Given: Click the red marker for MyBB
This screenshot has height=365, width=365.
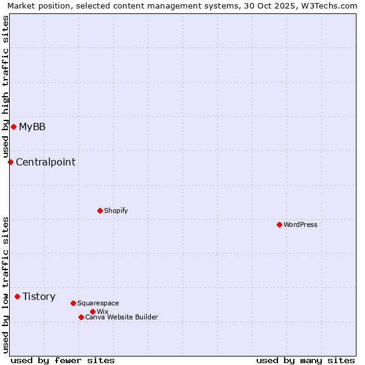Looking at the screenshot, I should coord(13,127).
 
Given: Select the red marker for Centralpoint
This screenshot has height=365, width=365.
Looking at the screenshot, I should coord(10,162).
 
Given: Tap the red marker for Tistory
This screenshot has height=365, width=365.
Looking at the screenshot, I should coord(17,296).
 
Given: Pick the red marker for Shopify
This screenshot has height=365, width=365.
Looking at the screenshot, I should coord(100,210).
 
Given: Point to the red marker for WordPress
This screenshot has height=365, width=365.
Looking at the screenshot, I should coord(279,224).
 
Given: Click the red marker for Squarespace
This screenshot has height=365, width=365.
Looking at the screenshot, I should coord(73,303).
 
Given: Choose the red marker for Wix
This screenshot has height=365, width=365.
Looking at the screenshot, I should coord(92,311).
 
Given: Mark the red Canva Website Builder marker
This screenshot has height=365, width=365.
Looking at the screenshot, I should coord(81,317).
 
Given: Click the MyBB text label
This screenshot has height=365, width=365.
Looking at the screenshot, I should coord(32,127).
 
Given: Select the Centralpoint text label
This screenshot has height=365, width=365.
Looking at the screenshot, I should coord(46,162).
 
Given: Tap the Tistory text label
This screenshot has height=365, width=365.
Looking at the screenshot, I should coord(39,296).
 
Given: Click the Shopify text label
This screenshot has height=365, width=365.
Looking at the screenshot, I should coord(116,210).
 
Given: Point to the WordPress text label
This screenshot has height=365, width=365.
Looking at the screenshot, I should coord(301,224).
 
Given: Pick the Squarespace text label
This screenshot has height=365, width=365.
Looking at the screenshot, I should coord(98,303).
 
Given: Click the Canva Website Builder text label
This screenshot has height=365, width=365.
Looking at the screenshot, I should coord(122,317).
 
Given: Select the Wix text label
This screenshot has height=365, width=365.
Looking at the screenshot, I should coord(103,311).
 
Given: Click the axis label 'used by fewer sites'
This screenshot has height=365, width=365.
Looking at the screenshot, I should coord(63,360).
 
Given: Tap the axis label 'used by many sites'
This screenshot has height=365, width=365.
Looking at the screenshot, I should coord(305,360).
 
